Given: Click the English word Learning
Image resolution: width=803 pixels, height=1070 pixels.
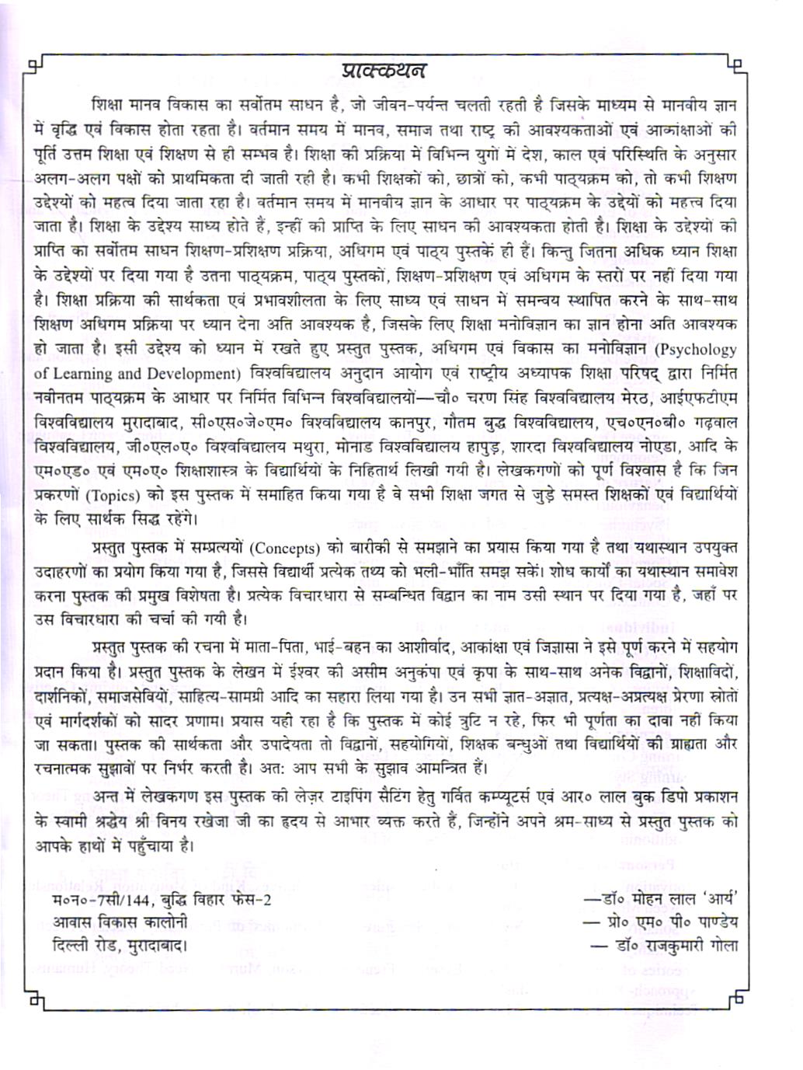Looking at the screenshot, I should (x=83, y=373).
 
